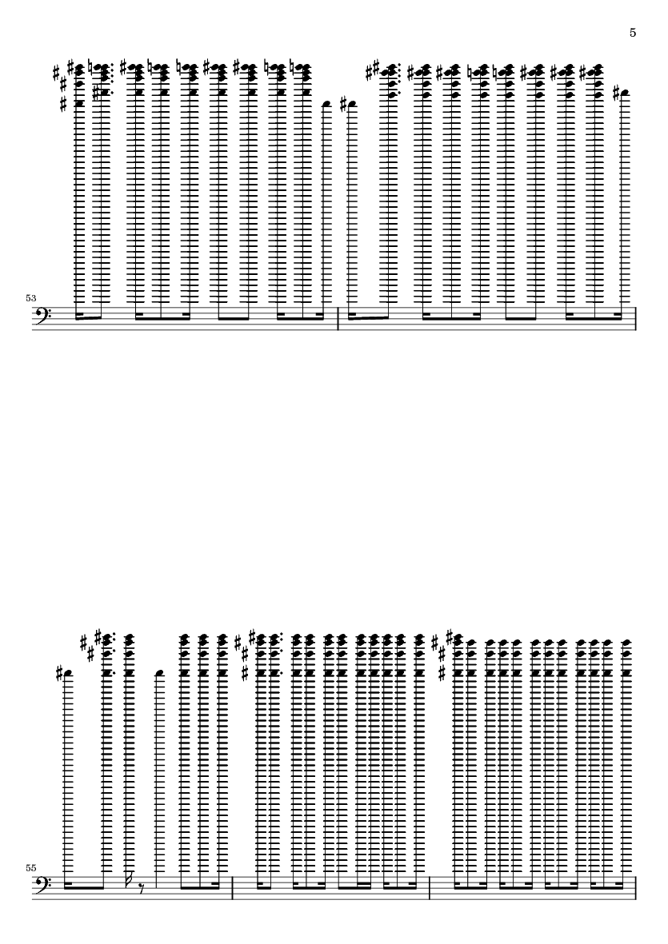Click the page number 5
coord(633,33)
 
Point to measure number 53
coord(31,297)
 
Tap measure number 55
coord(31,867)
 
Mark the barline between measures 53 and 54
coord(339,318)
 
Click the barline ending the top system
coord(636,318)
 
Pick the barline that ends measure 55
coord(233,889)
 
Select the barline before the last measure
coord(430,889)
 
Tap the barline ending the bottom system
coord(636,889)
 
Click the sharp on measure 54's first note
coord(343,105)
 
